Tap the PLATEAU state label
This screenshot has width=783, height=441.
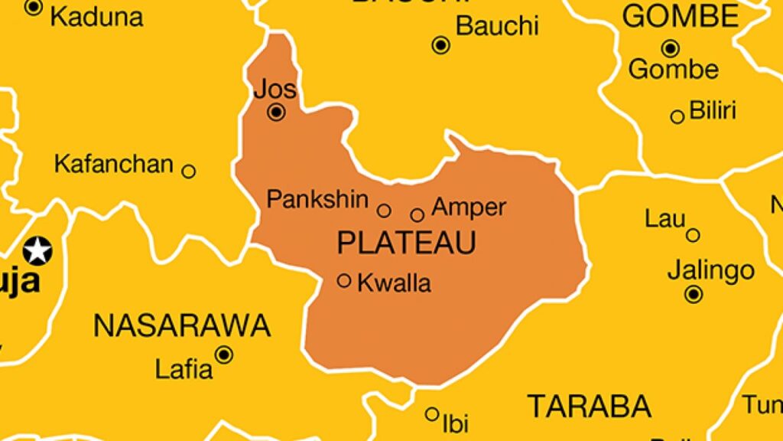[x=406, y=243]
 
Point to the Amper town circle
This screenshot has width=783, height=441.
[x=417, y=215]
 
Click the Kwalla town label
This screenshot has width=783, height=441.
[x=395, y=283]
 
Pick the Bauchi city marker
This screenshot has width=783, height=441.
[x=440, y=45]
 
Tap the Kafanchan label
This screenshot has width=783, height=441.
[x=114, y=164]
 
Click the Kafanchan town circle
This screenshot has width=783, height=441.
[x=188, y=171]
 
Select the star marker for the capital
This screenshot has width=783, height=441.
[x=37, y=250]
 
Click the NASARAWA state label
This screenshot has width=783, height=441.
[x=181, y=326]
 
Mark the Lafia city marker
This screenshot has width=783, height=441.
[x=224, y=354]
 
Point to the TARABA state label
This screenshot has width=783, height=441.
[x=590, y=406]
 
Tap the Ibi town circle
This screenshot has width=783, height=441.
[x=432, y=414]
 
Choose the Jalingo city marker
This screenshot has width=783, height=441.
[x=694, y=294]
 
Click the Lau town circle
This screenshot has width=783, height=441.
[x=693, y=235]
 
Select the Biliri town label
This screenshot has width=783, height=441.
[x=713, y=110]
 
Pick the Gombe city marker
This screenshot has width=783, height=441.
[x=671, y=49]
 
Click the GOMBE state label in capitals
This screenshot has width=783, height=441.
[x=681, y=16]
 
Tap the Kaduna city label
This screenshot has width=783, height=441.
[x=96, y=17]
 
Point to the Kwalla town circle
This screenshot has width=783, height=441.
[x=344, y=281]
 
